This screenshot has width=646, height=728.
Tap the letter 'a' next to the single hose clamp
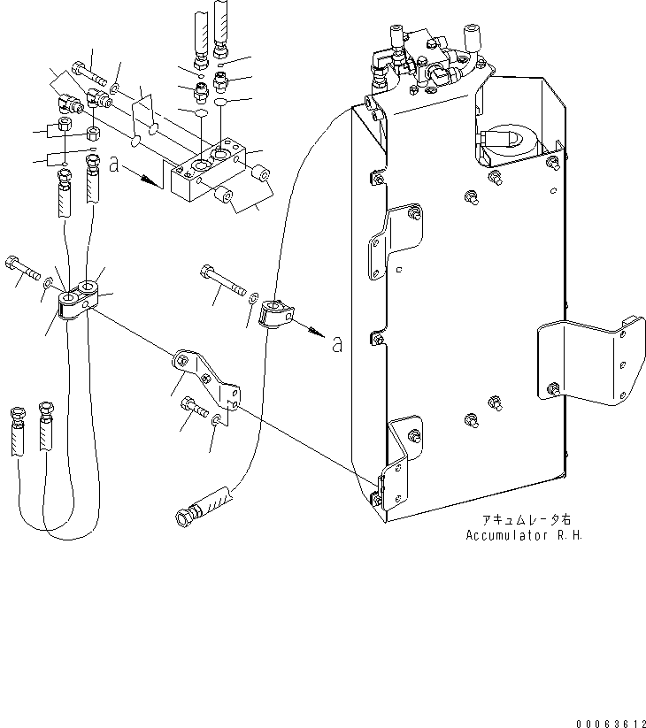click(336, 345)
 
